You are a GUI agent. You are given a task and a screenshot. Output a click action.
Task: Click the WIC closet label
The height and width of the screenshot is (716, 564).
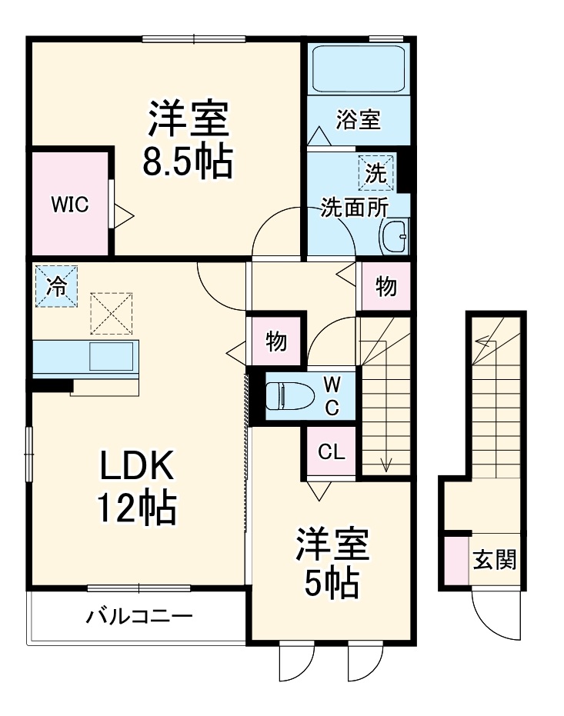70,205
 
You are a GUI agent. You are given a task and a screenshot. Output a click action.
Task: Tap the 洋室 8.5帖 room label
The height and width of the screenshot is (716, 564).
189,140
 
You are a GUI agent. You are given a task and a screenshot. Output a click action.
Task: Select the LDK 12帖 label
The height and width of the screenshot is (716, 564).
137,485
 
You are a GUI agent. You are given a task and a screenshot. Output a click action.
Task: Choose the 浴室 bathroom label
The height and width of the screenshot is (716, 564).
359,120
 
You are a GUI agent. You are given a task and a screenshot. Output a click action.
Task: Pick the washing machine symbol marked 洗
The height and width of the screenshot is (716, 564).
375,173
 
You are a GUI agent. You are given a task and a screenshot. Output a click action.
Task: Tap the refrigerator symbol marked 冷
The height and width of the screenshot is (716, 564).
56,286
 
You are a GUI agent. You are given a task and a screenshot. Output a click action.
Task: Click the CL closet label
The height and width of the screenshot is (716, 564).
332,453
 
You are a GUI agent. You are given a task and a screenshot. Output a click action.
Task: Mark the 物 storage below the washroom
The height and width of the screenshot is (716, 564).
385,287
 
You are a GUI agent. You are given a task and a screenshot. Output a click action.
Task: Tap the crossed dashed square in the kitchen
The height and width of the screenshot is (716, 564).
112,313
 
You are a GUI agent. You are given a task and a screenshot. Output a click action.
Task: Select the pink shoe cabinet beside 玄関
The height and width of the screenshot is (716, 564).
457,559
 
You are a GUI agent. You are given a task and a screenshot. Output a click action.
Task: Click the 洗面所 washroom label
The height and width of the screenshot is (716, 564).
355,208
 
